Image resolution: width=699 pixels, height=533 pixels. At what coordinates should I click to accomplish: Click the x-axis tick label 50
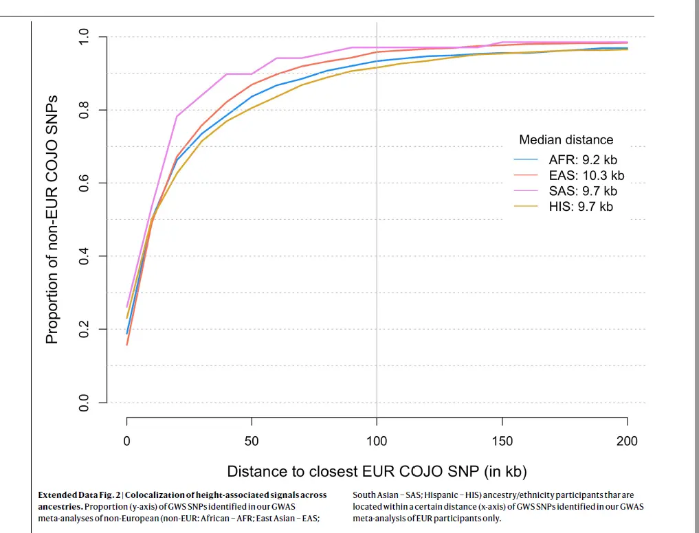[x=252, y=441]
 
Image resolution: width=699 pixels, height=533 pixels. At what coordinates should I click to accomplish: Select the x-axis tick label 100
[x=377, y=441]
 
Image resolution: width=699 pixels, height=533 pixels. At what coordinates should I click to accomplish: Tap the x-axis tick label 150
[x=502, y=441]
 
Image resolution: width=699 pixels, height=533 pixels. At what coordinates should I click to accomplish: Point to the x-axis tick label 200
[x=627, y=441]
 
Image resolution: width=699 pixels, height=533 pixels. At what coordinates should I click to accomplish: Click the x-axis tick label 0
[x=127, y=441]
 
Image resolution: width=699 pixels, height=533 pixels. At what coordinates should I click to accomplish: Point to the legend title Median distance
[x=566, y=140]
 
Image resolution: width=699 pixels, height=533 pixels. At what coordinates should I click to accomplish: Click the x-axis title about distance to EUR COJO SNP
[x=377, y=471]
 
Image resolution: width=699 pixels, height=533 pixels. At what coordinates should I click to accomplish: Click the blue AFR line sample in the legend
[x=526, y=160]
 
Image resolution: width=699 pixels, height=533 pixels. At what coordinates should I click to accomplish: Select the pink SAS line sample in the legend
[x=526, y=191]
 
